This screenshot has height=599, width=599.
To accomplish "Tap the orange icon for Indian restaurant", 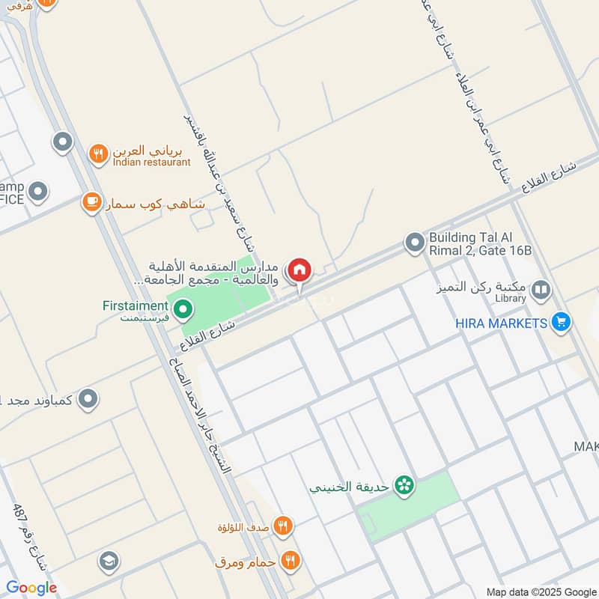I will [x=98, y=154].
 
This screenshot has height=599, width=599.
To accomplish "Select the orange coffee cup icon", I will [x=92, y=202].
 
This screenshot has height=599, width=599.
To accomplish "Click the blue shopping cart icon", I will [x=560, y=323].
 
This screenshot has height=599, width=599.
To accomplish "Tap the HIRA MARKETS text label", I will [x=502, y=323].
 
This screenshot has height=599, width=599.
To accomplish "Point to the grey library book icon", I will [x=541, y=290].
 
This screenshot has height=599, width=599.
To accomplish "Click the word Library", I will [x=510, y=299].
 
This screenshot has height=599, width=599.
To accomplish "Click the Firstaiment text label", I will [x=136, y=305].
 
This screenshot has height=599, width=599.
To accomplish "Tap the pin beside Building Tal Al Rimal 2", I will [x=414, y=243].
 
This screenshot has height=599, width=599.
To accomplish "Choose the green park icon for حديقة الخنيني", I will [x=405, y=486].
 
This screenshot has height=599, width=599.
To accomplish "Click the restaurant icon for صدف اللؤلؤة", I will [x=282, y=526].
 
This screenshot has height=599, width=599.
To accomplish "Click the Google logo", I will [x=31, y=588].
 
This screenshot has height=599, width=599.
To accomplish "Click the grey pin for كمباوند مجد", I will [x=88, y=398].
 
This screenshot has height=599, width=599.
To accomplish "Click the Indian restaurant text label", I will [x=152, y=162].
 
